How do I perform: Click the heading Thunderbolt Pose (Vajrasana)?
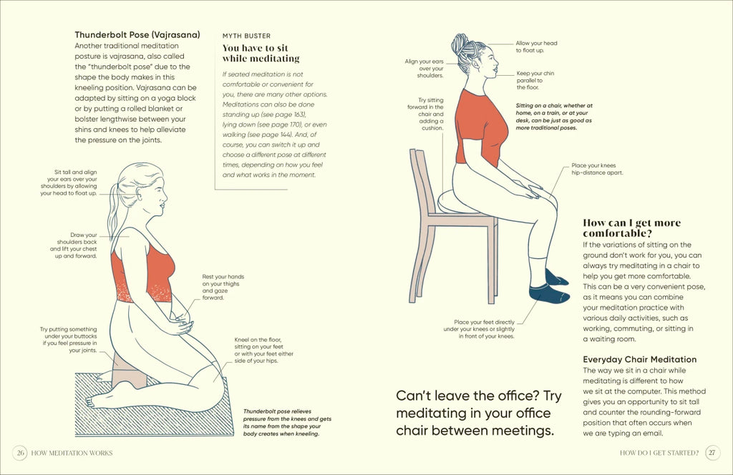pos(137,34)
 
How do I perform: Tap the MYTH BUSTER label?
pos(246,36)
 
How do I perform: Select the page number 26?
pos(20,453)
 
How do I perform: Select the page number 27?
pos(712,453)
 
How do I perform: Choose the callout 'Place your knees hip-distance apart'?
pos(597,169)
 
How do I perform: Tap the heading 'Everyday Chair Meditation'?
pos(639,359)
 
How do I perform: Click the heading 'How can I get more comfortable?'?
pos(631,228)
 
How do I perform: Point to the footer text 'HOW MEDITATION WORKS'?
pos(72,453)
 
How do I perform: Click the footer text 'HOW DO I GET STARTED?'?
pos(659,453)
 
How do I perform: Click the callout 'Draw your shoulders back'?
pos(74,245)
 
